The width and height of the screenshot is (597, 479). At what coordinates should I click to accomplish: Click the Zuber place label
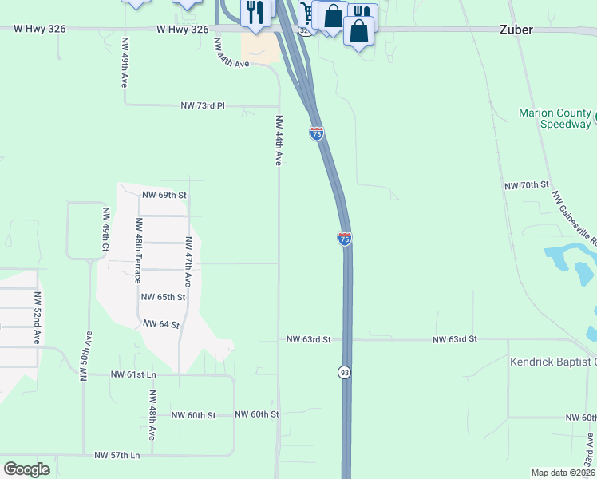[516, 30]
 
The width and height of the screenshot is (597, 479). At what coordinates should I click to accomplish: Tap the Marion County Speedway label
[555, 118]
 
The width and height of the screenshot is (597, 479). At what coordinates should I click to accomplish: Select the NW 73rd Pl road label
[203, 105]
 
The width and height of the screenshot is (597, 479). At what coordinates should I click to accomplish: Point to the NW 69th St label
[164, 194]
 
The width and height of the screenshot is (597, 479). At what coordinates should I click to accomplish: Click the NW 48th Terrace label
[138, 250]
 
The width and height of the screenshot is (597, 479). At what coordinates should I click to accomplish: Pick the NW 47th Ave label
[188, 261]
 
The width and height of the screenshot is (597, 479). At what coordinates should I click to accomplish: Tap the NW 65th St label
[163, 297]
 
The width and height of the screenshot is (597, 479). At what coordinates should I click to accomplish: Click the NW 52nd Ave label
[37, 317]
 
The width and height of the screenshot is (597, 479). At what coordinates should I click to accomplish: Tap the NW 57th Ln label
[117, 455]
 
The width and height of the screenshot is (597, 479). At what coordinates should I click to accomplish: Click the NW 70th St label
[527, 185]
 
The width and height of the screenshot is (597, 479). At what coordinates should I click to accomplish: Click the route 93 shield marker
[344, 372]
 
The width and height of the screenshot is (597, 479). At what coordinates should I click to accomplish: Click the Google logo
[26, 469]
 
